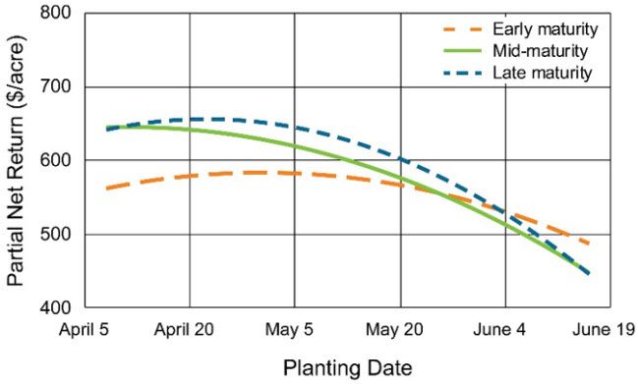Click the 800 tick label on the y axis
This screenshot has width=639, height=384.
point(59,14)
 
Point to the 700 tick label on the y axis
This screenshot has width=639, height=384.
point(59,87)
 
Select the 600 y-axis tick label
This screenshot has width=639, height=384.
point(59,161)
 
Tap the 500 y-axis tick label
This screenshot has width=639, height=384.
point(59,235)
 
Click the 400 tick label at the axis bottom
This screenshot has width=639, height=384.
point(59,308)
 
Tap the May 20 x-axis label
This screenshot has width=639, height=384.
point(401,329)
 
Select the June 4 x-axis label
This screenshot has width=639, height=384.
point(506,329)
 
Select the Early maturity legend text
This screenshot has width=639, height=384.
point(542,28)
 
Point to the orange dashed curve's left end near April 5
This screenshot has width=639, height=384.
point(105,188)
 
